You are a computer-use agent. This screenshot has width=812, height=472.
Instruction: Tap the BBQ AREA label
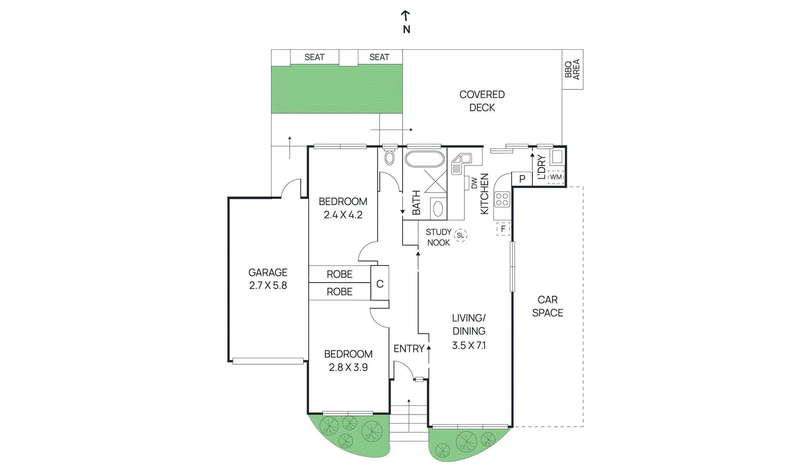[572, 69]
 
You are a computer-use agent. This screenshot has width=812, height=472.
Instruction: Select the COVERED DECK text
[482, 101]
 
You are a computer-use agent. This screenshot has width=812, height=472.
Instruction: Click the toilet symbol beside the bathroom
[389, 157]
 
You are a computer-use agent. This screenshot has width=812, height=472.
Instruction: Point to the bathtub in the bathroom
[424, 159]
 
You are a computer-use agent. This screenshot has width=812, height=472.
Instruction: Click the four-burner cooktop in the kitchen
[502, 199]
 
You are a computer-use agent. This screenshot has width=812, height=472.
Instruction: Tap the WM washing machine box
[556, 177]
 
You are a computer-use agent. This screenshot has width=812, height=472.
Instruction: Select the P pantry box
[522, 179]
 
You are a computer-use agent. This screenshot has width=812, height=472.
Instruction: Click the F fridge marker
[503, 229]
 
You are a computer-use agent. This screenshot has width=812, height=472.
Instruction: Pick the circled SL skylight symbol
[460, 235]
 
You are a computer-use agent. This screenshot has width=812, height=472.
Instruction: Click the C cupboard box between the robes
[380, 284]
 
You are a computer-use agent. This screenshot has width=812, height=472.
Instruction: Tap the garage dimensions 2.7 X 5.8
[268, 286]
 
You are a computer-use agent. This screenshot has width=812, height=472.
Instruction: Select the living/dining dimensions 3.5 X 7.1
[468, 345]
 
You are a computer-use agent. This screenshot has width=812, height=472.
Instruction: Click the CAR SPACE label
[547, 306]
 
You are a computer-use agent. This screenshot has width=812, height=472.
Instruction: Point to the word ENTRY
[409, 349]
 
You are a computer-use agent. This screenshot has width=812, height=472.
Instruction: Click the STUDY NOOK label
[438, 237]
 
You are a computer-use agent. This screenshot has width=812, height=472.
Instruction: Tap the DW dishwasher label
[473, 183]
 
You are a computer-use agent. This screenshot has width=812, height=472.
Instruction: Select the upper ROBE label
[339, 274]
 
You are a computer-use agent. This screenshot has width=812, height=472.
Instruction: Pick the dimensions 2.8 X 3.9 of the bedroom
[348, 367]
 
